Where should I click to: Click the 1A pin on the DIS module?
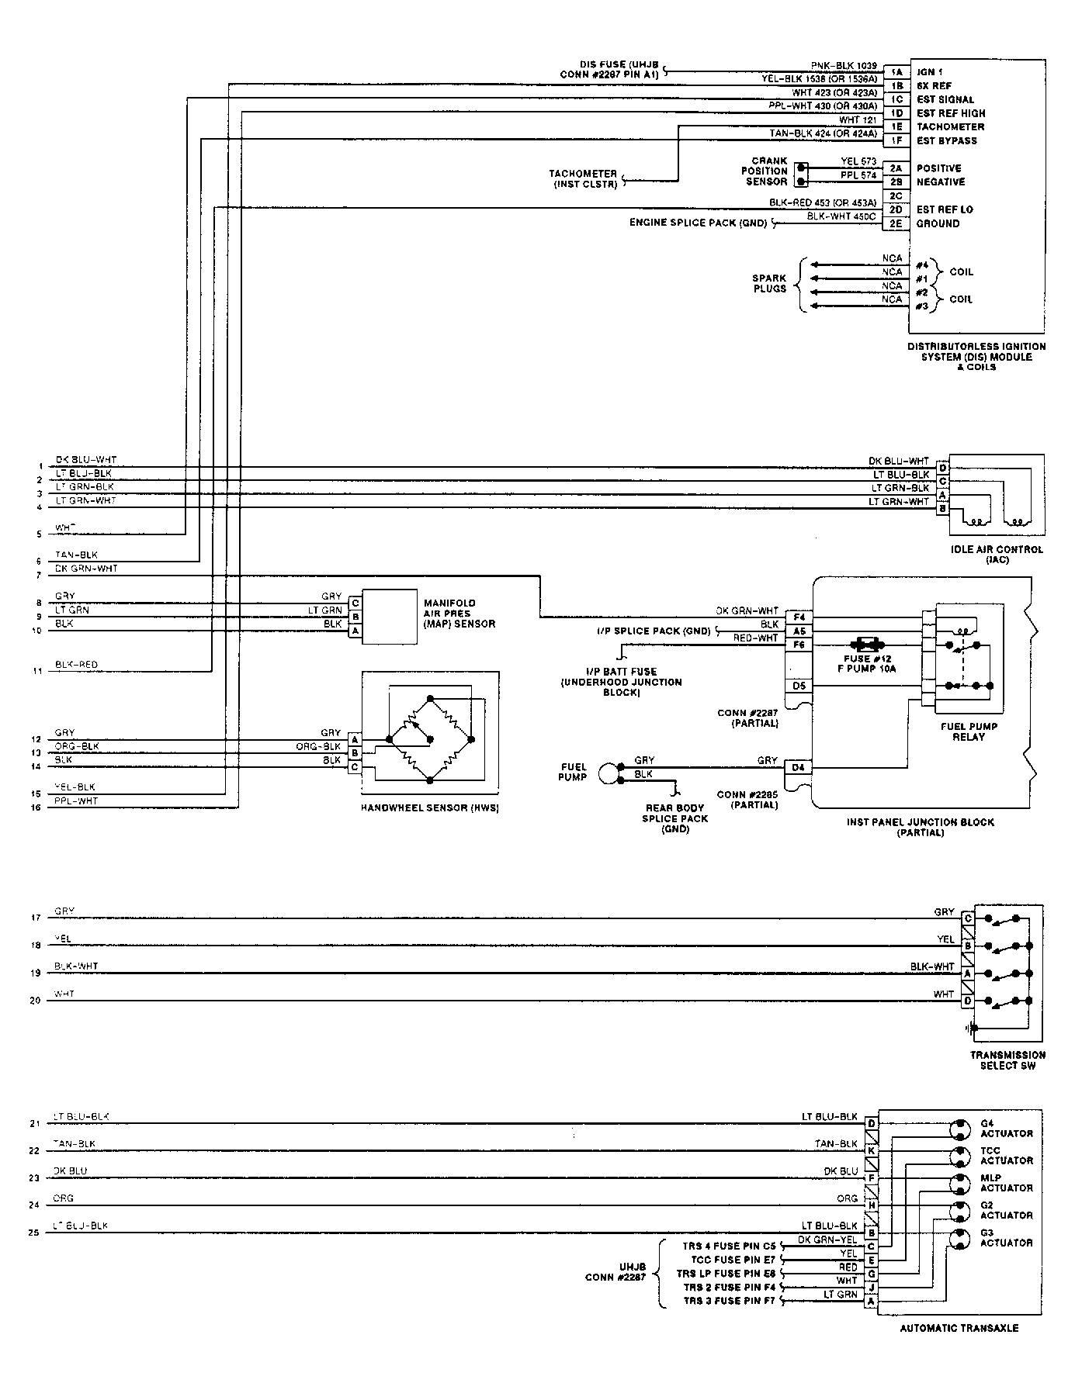coord(896,71)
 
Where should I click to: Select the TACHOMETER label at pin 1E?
coord(950,127)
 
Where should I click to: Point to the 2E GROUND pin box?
coord(896,223)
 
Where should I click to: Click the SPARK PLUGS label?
coord(769,283)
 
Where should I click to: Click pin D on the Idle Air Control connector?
coord(943,468)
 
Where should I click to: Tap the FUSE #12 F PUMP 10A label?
coord(869,664)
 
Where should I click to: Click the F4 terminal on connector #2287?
coord(799,617)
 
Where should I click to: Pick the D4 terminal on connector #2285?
coord(798,768)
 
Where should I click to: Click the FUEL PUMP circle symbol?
coord(611,773)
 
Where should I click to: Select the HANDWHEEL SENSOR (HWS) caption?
coord(429,808)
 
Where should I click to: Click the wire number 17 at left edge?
coord(35,918)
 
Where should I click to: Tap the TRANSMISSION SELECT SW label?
coord(1007,1060)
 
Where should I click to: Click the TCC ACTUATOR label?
coord(1006,1156)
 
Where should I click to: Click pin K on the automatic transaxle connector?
coord(871,1151)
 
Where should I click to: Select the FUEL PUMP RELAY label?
coord(969,731)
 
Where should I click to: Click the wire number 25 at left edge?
coord(34,1233)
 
